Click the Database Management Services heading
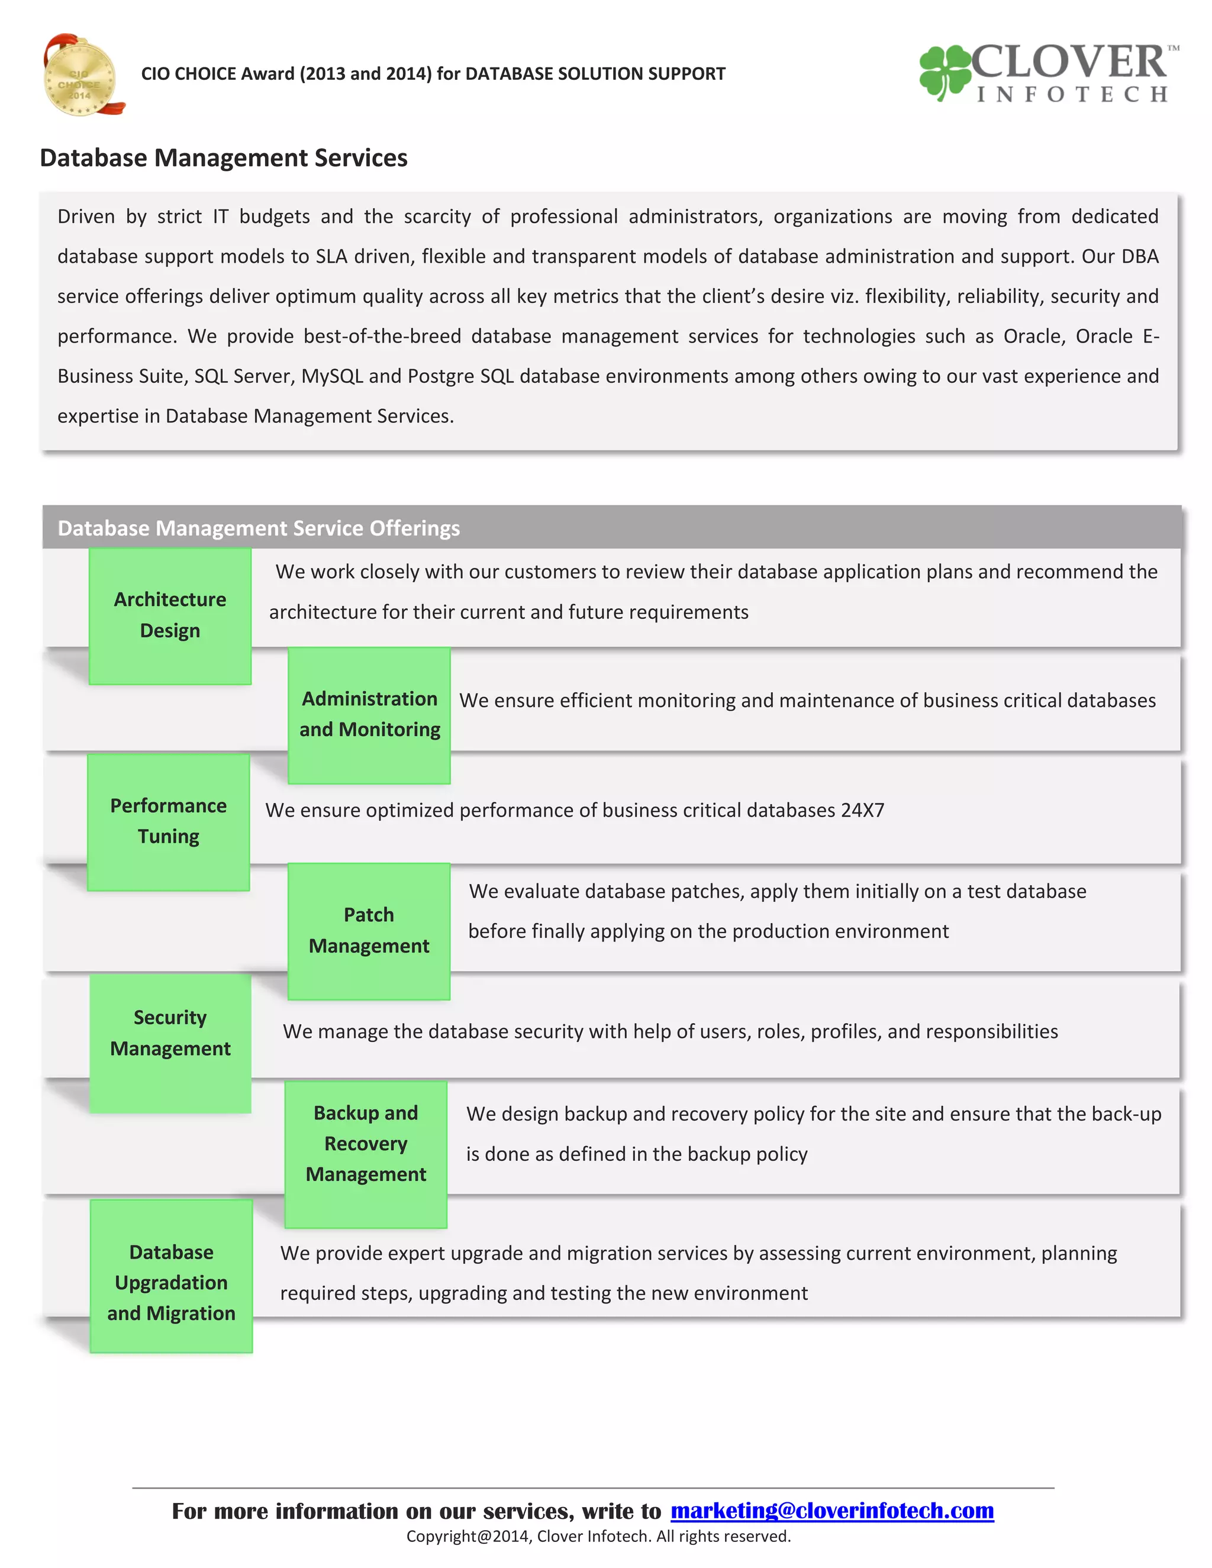[x=223, y=158]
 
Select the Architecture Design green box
[x=170, y=615]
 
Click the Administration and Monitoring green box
[x=369, y=714]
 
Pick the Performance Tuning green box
[x=169, y=821]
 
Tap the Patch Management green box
[x=369, y=931]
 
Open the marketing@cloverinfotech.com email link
[x=831, y=1511]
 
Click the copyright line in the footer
[x=598, y=1537]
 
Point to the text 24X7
[x=862, y=811]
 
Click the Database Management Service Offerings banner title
[x=259, y=528]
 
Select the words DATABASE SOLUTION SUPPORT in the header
[x=595, y=74]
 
